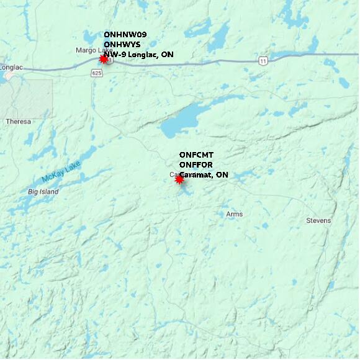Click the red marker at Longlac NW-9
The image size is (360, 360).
104,59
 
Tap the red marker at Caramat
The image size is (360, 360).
180,179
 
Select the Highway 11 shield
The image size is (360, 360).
263,60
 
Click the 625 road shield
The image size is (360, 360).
96,73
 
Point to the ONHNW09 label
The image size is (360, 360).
125,35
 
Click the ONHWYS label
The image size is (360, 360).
122,45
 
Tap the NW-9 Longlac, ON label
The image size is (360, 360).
138,55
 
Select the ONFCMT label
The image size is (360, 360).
196,155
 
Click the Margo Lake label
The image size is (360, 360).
93,50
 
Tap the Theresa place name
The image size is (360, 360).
18,122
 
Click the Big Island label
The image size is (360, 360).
43,192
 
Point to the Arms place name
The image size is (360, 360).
234,214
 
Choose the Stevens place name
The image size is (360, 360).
318,220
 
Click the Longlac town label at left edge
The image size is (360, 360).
11,67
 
